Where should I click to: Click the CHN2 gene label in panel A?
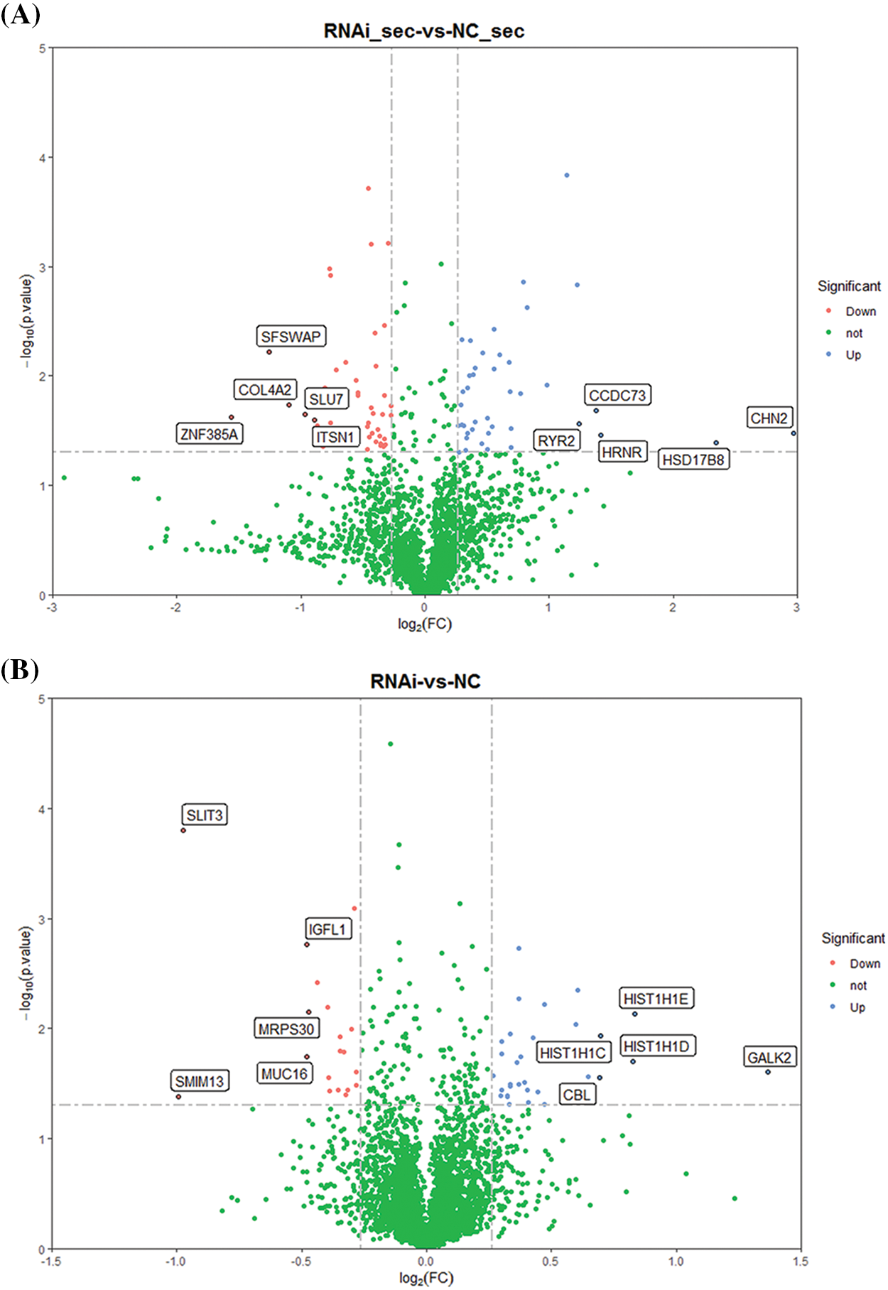[x=769, y=418]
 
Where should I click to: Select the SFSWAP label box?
[x=291, y=337]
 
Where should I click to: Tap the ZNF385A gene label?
[x=210, y=434]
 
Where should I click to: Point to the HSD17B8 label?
[x=693, y=460]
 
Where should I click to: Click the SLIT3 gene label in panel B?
[x=205, y=815]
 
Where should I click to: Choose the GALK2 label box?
[x=769, y=1058]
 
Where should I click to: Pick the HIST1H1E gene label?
[x=656, y=999]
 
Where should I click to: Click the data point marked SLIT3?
[x=183, y=830]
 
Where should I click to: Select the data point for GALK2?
[x=768, y=1072]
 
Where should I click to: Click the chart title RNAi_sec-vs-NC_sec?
[x=424, y=31]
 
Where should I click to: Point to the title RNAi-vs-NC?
[x=426, y=681]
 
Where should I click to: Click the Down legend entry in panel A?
[x=860, y=312]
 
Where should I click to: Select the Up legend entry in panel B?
[x=857, y=1007]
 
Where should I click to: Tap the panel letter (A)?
[x=20, y=15]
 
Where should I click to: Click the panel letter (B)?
[x=20, y=670]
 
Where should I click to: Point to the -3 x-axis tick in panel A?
[x=51, y=608]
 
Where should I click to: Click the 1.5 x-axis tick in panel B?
[x=801, y=1262]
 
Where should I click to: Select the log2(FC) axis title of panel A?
[x=424, y=624]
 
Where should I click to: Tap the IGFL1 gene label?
[x=327, y=929]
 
